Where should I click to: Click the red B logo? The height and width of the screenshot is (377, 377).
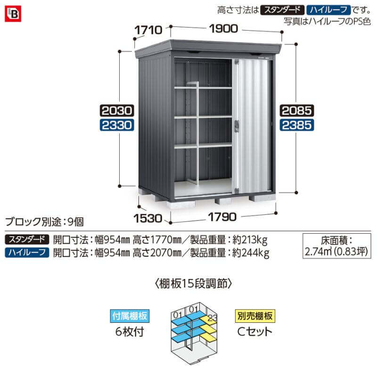tap(13, 14)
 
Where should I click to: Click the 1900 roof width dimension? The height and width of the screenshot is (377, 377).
tap(223, 29)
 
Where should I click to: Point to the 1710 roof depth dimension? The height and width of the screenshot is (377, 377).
tap(148, 30)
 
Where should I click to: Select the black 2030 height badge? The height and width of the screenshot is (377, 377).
tap(117, 111)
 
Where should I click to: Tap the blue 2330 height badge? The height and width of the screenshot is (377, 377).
tap(117, 125)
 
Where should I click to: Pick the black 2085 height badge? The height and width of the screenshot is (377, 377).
tap(297, 111)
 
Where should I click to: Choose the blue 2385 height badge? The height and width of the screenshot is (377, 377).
tap(297, 125)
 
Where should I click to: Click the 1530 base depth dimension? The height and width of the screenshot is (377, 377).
tap(148, 218)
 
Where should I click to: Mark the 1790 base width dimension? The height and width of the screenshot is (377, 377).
tap(222, 217)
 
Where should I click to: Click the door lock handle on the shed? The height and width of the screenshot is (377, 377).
tap(237, 126)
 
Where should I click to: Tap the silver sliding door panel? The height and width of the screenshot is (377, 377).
tap(252, 126)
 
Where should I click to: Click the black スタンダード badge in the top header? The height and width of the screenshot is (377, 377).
tap(282, 10)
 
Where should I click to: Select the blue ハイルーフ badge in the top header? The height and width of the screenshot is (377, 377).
tap(328, 10)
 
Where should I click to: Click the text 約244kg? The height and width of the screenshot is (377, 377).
tap(251, 253)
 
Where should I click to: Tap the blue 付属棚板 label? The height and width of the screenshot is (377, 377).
tap(130, 316)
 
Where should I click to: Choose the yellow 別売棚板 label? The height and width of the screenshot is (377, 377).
tap(255, 316)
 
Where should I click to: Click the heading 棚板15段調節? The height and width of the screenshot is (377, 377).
tap(194, 284)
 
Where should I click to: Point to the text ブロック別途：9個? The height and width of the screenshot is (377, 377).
tap(44, 221)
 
